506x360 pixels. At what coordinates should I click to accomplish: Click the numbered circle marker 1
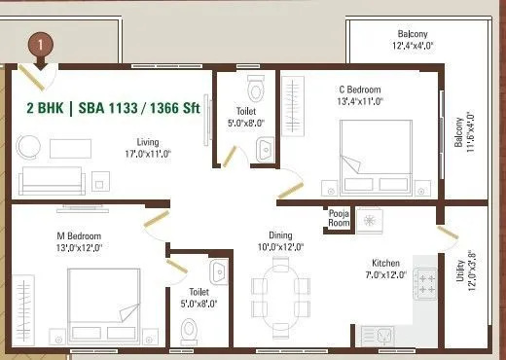tap(40, 45)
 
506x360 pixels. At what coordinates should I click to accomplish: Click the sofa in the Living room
tap(54, 178)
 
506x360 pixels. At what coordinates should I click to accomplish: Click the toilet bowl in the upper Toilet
tap(256, 90)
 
